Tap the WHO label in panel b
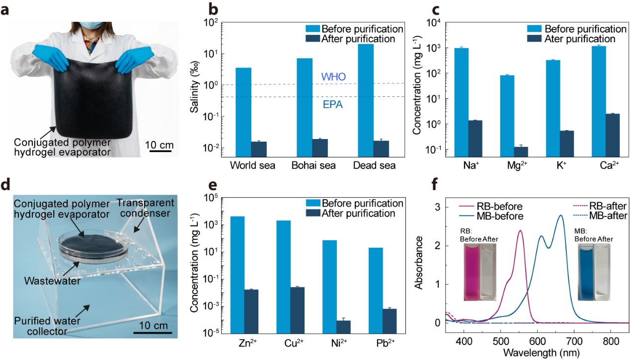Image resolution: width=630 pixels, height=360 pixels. (x=333, y=77)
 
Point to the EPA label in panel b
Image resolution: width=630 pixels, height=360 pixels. (x=332, y=105)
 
